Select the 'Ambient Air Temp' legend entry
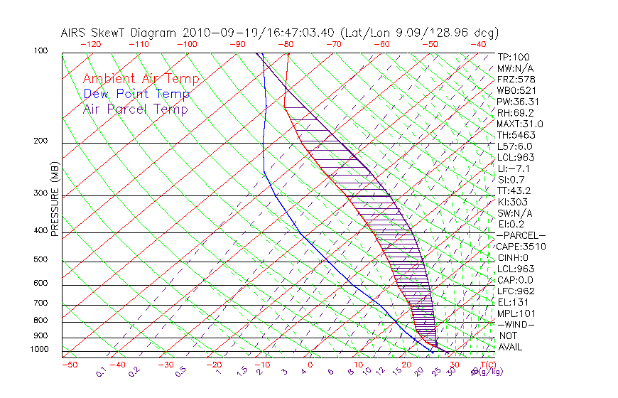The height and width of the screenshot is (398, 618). (141, 79)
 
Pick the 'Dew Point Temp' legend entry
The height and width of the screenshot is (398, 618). (136, 94)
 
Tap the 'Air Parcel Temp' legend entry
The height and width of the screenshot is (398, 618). (135, 109)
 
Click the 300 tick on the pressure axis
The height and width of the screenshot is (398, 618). (40, 193)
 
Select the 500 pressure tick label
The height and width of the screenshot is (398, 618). (40, 260)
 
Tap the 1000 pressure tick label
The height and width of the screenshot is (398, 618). (39, 350)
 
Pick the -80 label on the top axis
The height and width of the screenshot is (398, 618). (286, 44)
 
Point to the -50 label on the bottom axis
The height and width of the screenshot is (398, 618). (69, 365)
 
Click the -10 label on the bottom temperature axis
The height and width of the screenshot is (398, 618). (262, 365)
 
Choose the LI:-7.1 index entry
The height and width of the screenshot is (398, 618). (514, 168)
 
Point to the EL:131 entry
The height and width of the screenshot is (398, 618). (512, 302)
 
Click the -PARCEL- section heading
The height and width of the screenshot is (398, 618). (521, 235)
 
